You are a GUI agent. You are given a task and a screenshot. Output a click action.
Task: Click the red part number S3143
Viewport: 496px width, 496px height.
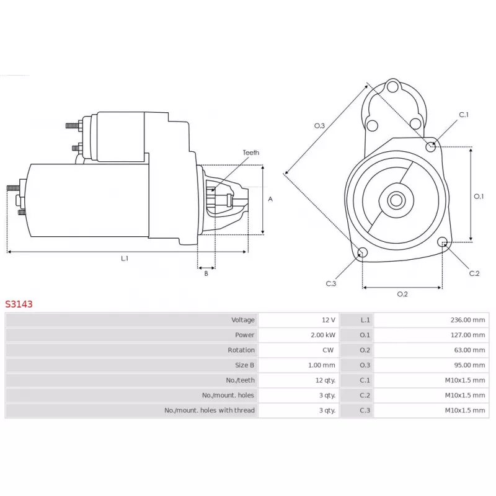pyautogui.click(x=19, y=304)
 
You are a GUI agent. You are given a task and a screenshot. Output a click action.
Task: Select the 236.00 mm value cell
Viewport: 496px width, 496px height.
pyautogui.click(x=467, y=320)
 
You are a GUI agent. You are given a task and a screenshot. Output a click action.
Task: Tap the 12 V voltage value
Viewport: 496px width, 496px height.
pyautogui.click(x=329, y=320)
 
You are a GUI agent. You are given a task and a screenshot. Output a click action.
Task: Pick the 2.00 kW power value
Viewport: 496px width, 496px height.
pyautogui.click(x=323, y=335)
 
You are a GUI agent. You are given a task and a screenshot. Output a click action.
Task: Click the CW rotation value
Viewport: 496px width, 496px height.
pyautogui.click(x=328, y=350)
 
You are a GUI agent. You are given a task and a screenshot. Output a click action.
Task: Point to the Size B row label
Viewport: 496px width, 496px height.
pyautogui.click(x=244, y=365)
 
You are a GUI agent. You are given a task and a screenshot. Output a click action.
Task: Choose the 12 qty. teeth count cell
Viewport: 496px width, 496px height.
pyautogui.click(x=325, y=380)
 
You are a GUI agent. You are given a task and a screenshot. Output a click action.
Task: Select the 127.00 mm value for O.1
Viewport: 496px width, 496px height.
pyautogui.click(x=467, y=335)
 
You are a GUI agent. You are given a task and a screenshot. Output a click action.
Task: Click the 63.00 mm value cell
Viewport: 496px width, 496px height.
pyautogui.click(x=469, y=350)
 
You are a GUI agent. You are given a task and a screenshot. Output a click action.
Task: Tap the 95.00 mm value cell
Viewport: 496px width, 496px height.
pyautogui.click(x=469, y=365)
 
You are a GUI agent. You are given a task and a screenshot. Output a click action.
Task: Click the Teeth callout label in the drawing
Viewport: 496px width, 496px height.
pyautogui.click(x=251, y=153)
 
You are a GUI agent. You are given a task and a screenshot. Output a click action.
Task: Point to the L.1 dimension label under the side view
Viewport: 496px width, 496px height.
pyautogui.click(x=125, y=259)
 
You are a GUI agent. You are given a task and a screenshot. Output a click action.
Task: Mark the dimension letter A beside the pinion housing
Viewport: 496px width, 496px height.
pyautogui.click(x=270, y=199)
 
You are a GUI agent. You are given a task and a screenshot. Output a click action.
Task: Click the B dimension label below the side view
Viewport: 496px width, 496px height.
pyautogui.click(x=206, y=273)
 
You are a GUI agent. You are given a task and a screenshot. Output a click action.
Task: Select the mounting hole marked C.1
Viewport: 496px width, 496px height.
pyautogui.click(x=430, y=147)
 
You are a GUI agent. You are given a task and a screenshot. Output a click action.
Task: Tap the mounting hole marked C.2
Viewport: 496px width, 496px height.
pyautogui.click(x=443, y=242)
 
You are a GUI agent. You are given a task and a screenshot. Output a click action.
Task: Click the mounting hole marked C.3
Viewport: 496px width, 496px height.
pyautogui.click(x=363, y=252)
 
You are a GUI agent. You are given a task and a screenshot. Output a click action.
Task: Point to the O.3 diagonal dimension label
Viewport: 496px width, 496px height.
pyautogui.click(x=319, y=126)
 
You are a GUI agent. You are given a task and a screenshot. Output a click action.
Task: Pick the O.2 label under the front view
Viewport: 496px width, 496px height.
pyautogui.click(x=402, y=294)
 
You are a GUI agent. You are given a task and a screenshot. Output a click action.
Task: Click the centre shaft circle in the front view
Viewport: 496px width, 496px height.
pyautogui.click(x=396, y=200)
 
